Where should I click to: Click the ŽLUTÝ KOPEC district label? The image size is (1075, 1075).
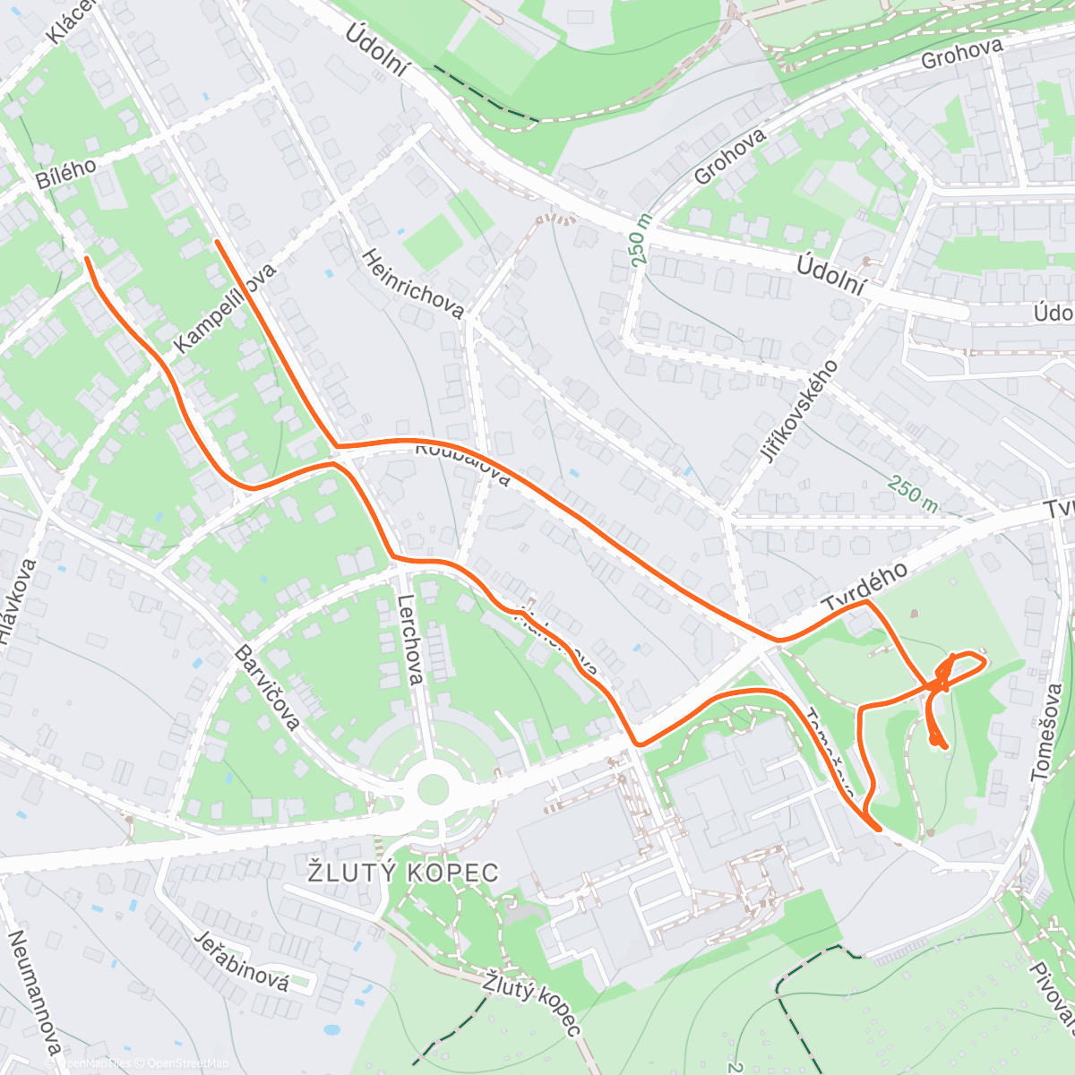402,872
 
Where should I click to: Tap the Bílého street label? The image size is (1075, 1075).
66,168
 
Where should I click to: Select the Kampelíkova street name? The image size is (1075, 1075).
226,307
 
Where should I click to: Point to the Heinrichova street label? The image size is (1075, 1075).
413,284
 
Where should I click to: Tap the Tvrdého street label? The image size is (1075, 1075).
865,588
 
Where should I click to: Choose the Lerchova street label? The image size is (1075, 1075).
409,639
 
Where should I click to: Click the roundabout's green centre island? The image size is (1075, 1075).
433,789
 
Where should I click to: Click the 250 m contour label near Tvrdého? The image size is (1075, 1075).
913,494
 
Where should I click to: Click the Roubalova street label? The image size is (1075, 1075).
462,461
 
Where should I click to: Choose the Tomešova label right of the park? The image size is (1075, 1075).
1046,732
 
